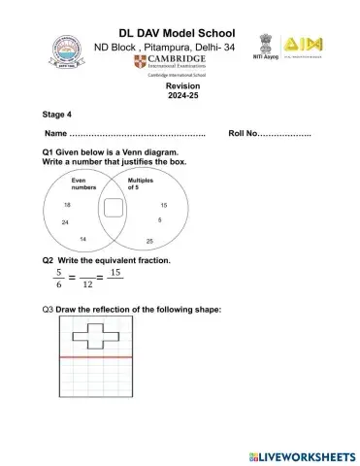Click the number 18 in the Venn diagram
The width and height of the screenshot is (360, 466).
(68, 206)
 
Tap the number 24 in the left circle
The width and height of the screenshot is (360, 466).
(64, 222)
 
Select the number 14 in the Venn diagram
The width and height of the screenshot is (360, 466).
(83, 239)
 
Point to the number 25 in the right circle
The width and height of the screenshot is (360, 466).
(149, 240)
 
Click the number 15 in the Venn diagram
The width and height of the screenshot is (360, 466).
(163, 206)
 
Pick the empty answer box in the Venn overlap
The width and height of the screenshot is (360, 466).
(114, 209)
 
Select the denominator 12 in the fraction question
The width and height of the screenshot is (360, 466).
(87, 285)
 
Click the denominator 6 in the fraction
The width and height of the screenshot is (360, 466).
(58, 285)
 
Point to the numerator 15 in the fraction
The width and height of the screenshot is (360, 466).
(115, 273)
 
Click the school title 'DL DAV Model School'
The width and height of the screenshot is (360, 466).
(181, 34)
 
